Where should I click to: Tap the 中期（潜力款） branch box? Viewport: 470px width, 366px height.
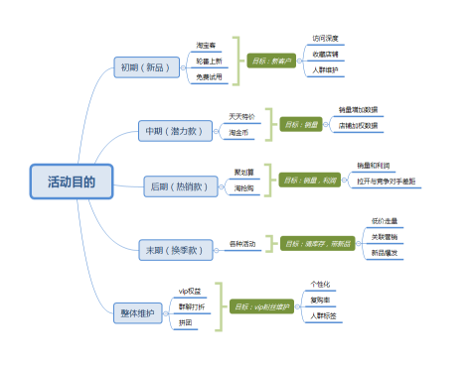(175, 130)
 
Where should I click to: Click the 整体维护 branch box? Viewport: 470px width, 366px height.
(137, 312)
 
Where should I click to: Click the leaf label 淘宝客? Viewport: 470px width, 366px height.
(208, 46)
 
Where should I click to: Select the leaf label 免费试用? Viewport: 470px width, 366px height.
(210, 76)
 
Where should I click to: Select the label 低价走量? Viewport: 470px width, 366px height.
(386, 221)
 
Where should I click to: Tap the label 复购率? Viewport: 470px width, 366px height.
(325, 299)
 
